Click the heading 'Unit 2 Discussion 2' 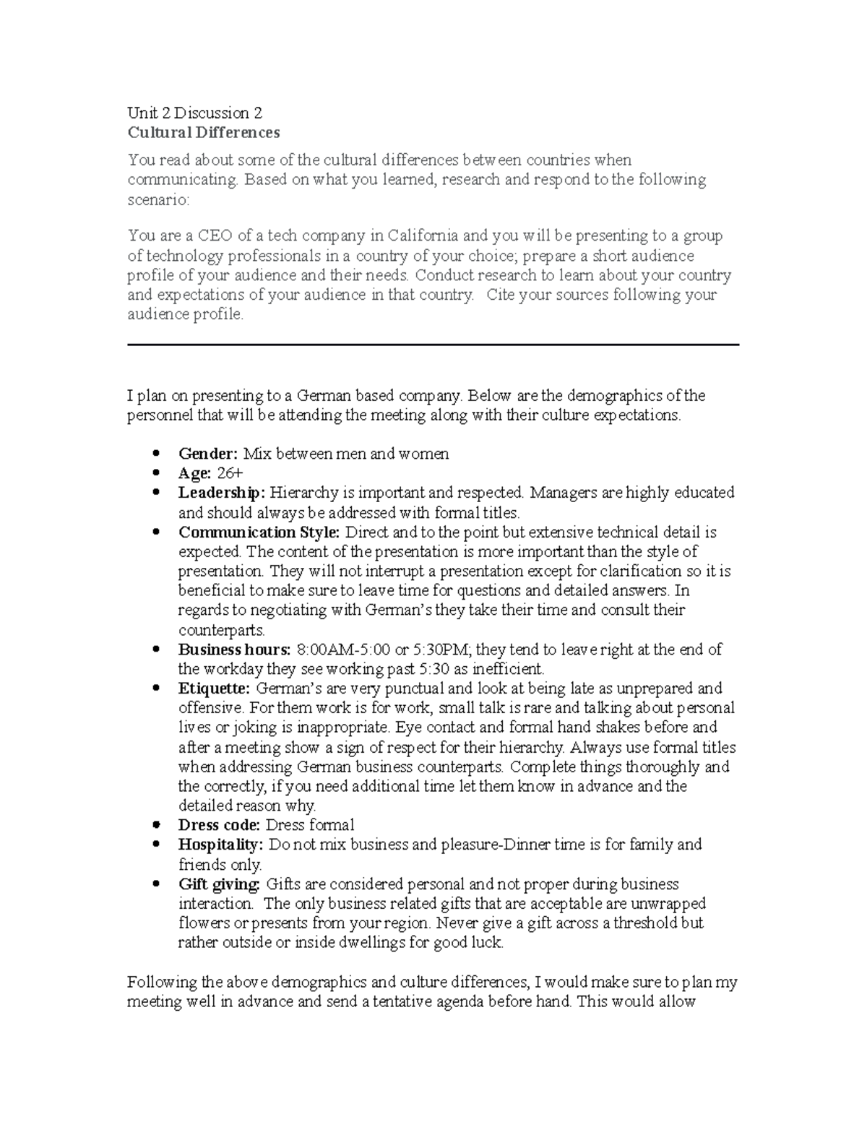pos(194,113)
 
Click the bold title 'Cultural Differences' pos(203,133)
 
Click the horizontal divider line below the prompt pos(433,345)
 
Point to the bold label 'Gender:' pos(207,454)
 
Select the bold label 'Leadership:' pos(222,493)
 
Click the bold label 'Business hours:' pos(234,650)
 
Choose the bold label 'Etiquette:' pos(214,689)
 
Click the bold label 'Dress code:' pos(219,826)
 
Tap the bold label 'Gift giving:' pos(219,884)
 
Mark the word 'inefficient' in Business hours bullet pos(506,670)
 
